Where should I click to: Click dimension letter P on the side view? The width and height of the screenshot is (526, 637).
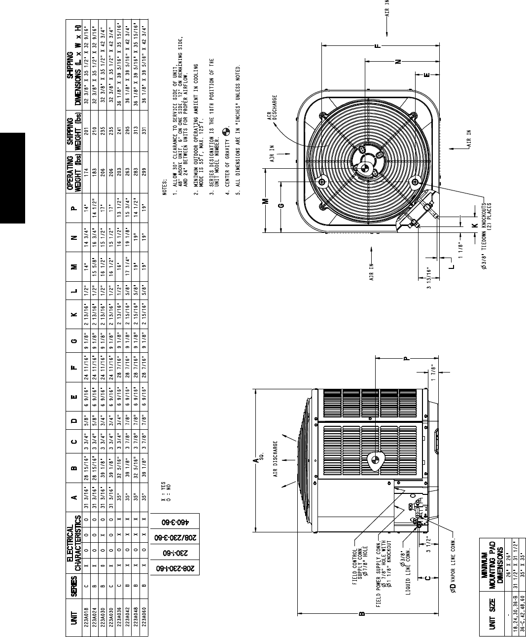pos(406,359)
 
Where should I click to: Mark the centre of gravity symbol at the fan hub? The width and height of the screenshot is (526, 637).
pos(365,168)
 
